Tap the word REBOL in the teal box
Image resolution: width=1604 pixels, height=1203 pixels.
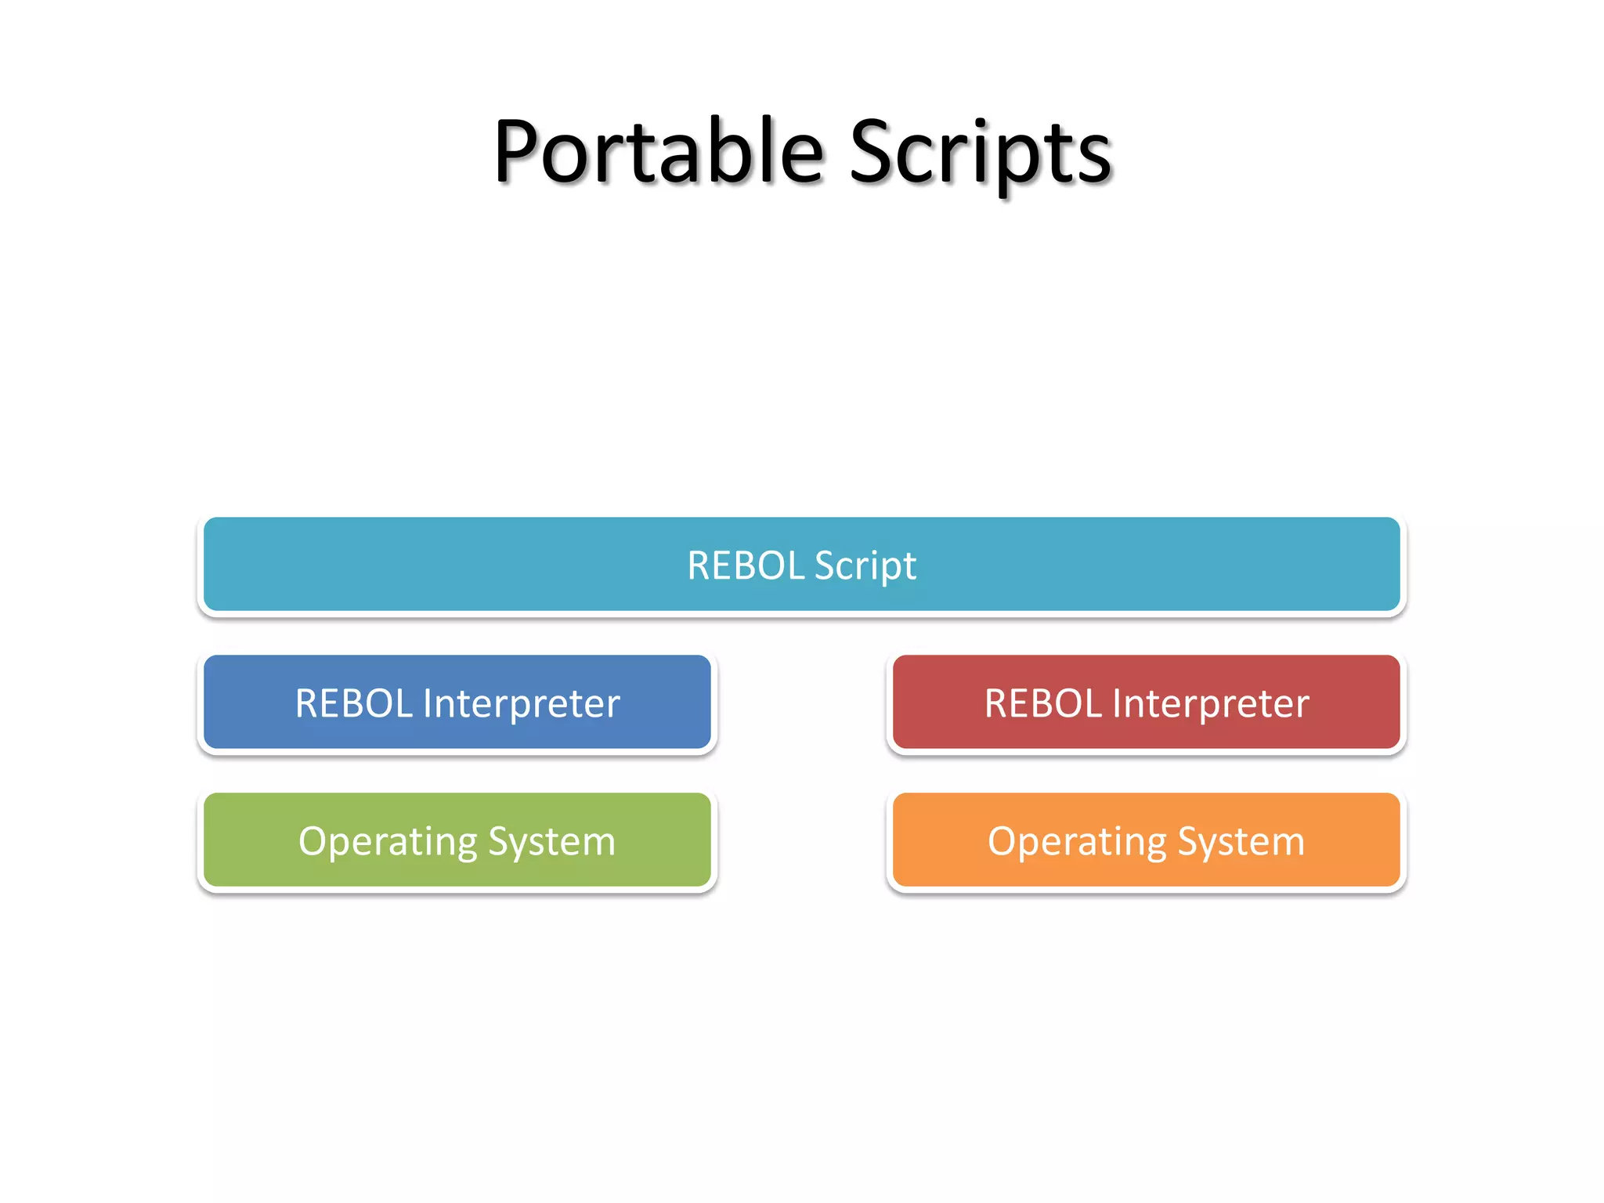click(x=745, y=565)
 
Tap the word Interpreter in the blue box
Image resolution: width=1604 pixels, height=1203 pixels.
click(x=522, y=703)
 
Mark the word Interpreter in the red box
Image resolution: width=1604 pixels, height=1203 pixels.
click(x=1211, y=703)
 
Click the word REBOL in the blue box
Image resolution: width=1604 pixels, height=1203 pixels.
click(x=353, y=703)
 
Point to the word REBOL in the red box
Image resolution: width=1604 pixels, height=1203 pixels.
click(x=1042, y=703)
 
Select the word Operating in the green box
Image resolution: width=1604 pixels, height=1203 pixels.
click(x=388, y=842)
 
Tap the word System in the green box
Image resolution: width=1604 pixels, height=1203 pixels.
click(x=551, y=842)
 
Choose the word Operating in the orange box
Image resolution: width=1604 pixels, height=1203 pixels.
click(x=1077, y=842)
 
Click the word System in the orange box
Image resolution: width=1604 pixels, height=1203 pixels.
click(x=1241, y=842)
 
